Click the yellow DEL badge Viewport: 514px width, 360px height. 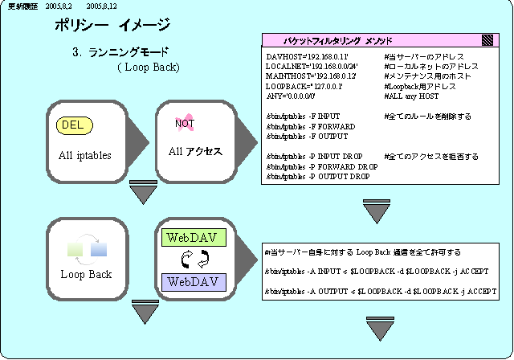coord(75,125)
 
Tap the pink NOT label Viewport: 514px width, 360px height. coord(185,123)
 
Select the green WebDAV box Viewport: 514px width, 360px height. coord(194,238)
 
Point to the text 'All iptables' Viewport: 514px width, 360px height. coord(84,155)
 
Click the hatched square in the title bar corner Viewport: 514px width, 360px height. coord(487,39)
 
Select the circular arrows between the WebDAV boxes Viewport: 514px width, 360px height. coord(194,260)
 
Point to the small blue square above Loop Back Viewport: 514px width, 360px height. coord(99,250)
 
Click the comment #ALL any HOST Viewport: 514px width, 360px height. coord(414,96)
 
